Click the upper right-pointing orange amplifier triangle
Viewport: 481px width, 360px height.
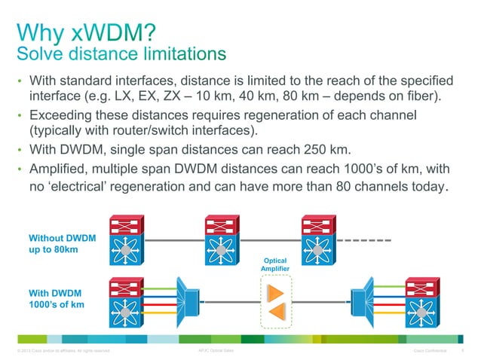pos(275,291)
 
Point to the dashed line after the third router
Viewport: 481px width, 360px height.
pos(367,241)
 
